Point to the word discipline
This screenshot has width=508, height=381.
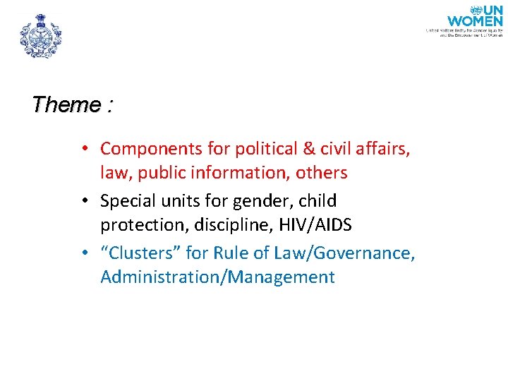coord(226,225)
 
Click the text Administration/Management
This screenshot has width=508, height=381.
coord(217,277)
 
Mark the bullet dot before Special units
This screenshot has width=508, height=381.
coord(83,202)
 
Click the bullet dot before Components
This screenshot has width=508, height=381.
coord(83,150)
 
